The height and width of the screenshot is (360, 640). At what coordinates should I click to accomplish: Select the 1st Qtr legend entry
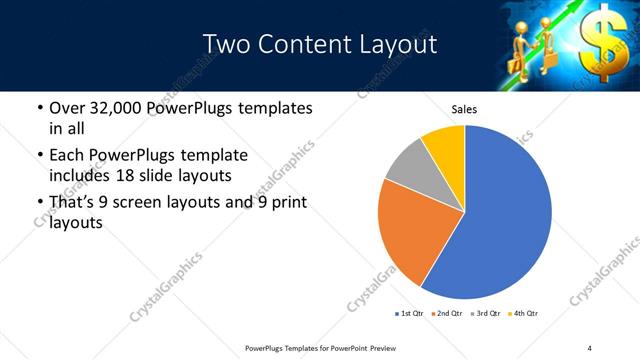[x=411, y=314]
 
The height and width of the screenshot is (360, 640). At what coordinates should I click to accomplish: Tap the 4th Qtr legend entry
[x=524, y=314]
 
